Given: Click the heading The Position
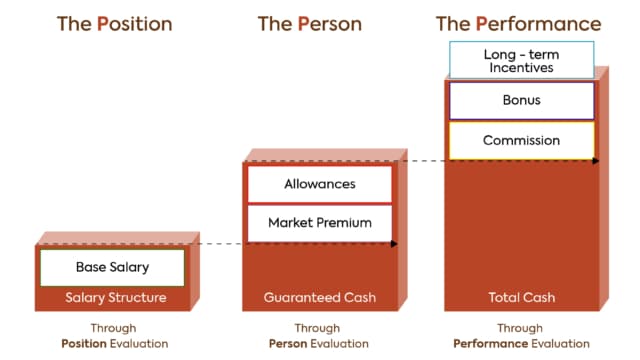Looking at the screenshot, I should pyautogui.click(x=114, y=23).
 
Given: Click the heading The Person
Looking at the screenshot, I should pyautogui.click(x=310, y=23).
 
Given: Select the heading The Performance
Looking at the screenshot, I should pyautogui.click(x=519, y=23).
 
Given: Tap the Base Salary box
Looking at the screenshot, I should pyautogui.click(x=112, y=267).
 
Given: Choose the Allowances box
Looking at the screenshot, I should pyautogui.click(x=319, y=184).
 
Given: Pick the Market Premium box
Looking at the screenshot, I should pyautogui.click(x=319, y=222).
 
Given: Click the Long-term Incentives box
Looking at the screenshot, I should pyautogui.click(x=521, y=60).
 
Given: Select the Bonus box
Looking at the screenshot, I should pyautogui.click(x=521, y=101).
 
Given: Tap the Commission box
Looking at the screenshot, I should pyautogui.click(x=521, y=140).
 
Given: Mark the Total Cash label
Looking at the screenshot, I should pyautogui.click(x=521, y=297).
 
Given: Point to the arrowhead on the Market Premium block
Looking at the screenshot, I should pyautogui.click(x=394, y=243).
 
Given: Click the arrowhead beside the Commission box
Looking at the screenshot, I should pyautogui.click(x=596, y=160).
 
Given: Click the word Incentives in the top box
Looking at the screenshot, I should pyautogui.click(x=521, y=68).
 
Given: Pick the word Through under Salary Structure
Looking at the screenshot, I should pyautogui.click(x=113, y=328).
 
